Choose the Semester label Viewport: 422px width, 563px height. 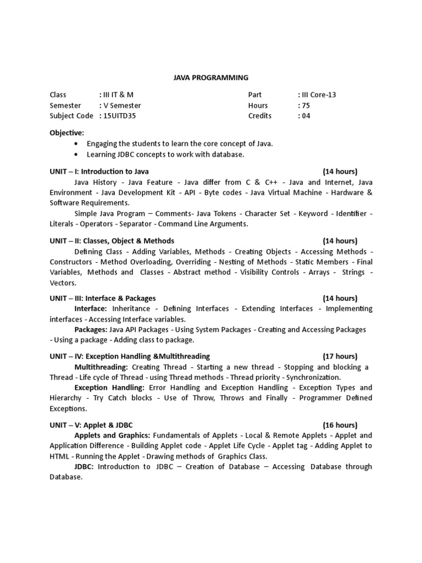(x=65, y=106)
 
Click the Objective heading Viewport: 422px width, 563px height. (x=67, y=133)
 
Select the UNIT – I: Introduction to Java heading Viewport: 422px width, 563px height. (x=99, y=172)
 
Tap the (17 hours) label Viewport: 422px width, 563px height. (x=340, y=356)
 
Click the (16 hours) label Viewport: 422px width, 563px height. (x=340, y=425)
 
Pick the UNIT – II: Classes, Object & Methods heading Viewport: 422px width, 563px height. (x=112, y=241)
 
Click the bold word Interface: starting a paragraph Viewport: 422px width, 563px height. (x=91, y=309)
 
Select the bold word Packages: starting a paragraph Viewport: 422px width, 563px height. (x=91, y=329)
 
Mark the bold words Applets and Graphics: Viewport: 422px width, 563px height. (x=112, y=435)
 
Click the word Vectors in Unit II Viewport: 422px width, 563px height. (x=63, y=283)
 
